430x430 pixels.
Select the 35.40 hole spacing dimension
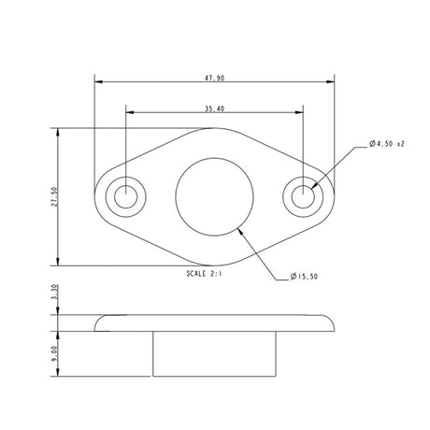214,108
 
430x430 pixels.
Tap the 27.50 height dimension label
54,196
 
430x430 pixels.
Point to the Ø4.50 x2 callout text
387,144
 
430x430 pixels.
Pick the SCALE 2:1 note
207,273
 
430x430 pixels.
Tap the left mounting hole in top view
124,196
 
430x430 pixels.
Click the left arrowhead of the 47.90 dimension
98,79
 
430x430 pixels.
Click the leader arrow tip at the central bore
240,225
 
